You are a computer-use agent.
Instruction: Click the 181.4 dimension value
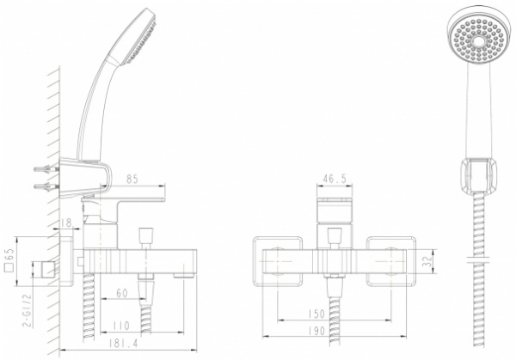pos(124,343)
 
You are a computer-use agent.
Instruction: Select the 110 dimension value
pos(121,326)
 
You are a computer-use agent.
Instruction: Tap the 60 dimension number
pos(122,293)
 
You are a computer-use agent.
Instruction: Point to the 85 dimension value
pos(132,180)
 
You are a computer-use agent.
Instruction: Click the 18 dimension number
pos(66,223)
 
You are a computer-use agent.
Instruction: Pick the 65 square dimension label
pos(9,260)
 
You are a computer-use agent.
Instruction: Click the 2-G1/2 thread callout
pos(28,310)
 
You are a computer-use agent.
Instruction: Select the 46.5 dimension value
pos(334,179)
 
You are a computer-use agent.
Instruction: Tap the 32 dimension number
pos(427,261)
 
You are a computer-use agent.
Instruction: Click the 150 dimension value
pos(316,314)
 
